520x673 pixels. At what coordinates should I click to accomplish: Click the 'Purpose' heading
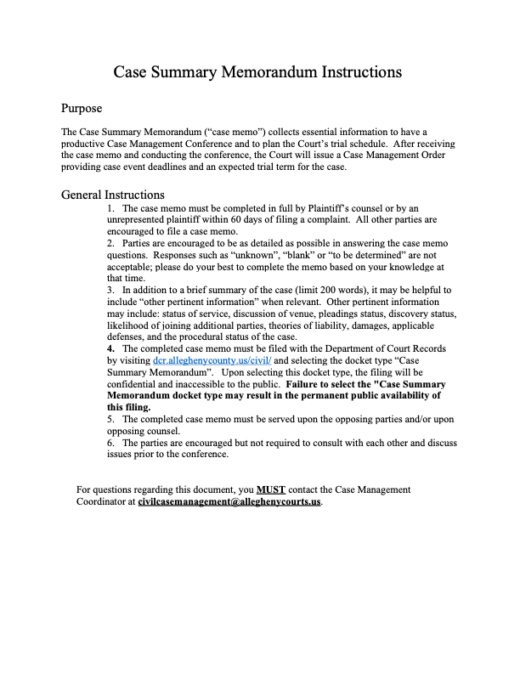point(82,109)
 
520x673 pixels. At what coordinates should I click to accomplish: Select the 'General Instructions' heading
point(113,195)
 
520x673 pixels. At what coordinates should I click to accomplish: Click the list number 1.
point(111,207)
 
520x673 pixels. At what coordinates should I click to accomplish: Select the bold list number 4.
point(111,348)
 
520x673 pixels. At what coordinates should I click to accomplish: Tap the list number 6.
point(111,443)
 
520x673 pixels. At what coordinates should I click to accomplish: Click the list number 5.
point(111,419)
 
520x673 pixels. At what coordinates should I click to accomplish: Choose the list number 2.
point(111,243)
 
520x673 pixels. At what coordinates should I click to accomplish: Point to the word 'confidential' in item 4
point(133,384)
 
